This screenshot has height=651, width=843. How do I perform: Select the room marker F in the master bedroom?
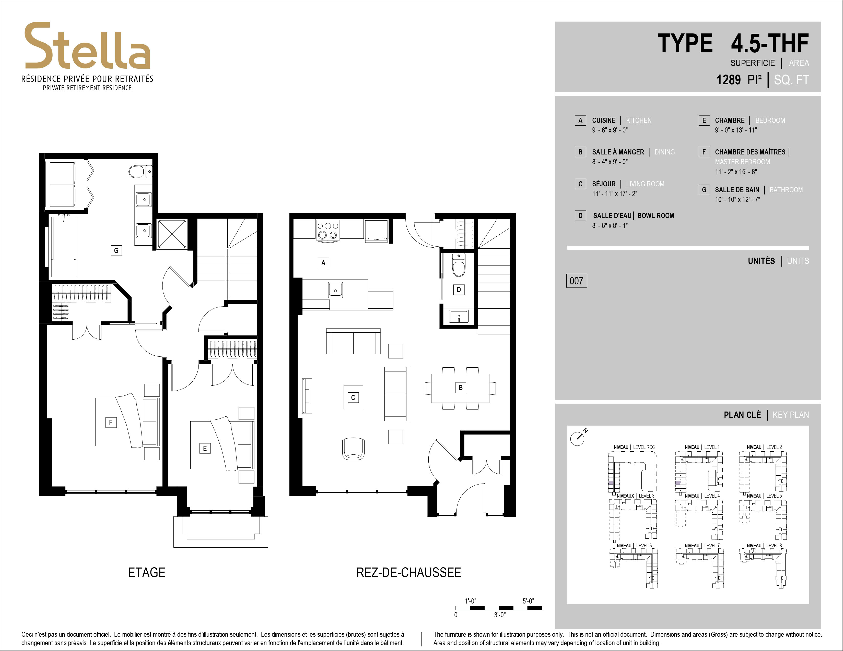click(x=111, y=422)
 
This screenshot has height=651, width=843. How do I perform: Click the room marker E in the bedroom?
click(x=205, y=448)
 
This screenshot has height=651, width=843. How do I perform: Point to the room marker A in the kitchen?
click(x=323, y=263)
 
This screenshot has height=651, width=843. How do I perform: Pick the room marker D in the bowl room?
click(x=459, y=290)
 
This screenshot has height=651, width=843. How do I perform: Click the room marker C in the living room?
click(x=353, y=397)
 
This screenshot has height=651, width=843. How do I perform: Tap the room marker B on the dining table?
click(x=460, y=388)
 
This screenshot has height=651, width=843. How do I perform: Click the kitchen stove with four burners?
click(x=328, y=231)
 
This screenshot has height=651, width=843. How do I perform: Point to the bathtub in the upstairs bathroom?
click(x=63, y=246)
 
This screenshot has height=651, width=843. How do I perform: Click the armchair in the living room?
click(x=353, y=449)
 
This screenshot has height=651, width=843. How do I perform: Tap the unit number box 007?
click(x=576, y=281)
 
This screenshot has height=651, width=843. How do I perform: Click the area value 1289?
click(x=728, y=80)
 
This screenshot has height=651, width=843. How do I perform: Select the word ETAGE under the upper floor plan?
click(x=147, y=572)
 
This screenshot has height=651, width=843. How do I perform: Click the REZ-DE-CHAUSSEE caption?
click(x=408, y=572)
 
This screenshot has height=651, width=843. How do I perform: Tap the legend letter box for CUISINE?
click(x=580, y=120)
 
